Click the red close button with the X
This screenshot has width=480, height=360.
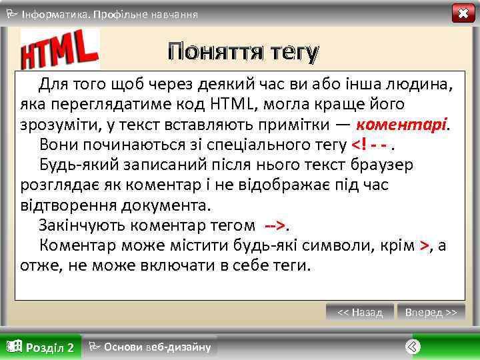pyautogui.click(x=463, y=13)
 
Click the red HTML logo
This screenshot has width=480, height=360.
pyautogui.click(x=60, y=50)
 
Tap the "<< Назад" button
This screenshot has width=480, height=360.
pyautogui.click(x=360, y=312)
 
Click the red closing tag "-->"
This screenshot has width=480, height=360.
pyautogui.click(x=274, y=225)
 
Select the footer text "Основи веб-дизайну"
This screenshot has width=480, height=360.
pyautogui.click(x=157, y=347)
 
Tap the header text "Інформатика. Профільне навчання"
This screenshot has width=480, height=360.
pyautogui.click(x=110, y=14)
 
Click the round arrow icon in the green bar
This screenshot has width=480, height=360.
pyautogui.click(x=413, y=347)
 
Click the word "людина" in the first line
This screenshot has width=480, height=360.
pyautogui.click(x=420, y=85)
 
